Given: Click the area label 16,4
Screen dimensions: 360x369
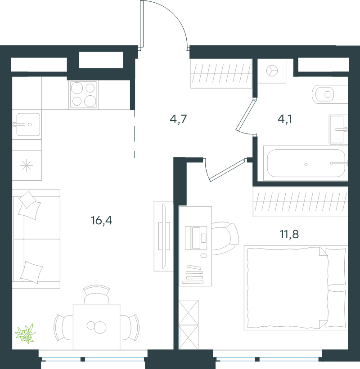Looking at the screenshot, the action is pyautogui.click(x=102, y=221).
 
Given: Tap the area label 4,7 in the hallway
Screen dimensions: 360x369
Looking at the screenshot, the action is pyautogui.click(x=178, y=119).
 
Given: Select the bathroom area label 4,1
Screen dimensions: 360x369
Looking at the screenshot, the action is pyautogui.click(x=285, y=119).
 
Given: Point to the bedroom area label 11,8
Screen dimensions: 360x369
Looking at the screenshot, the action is pyautogui.click(x=289, y=234).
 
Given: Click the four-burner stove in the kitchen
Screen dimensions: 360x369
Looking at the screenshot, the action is pyautogui.click(x=84, y=95).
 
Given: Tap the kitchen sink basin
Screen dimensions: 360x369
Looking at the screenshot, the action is pyautogui.click(x=28, y=124).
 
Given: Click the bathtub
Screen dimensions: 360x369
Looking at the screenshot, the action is pyautogui.click(x=306, y=163).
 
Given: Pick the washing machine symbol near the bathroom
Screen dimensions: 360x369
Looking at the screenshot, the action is pyautogui.click(x=272, y=71).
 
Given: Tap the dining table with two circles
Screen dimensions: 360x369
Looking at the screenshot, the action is pyautogui.click(x=97, y=327).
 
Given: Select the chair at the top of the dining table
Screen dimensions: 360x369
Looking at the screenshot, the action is pyautogui.click(x=97, y=295).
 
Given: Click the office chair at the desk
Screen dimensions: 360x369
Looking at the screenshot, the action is pyautogui.click(x=225, y=238).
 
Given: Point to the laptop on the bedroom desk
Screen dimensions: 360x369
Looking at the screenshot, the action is pyautogui.click(x=196, y=238).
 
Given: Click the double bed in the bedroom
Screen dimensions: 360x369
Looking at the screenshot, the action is pyautogui.click(x=296, y=288).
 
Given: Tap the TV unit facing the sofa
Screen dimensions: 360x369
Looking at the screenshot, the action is pyautogui.click(x=164, y=236).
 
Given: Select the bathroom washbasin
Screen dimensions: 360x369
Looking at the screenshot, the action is pyautogui.click(x=338, y=129).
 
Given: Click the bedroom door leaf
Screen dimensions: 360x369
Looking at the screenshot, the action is pyautogui.click(x=227, y=170).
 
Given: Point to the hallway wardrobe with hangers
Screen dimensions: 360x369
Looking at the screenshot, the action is pyautogui.click(x=221, y=74).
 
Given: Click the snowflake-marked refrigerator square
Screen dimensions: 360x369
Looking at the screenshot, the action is pyautogui.click(x=27, y=165).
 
